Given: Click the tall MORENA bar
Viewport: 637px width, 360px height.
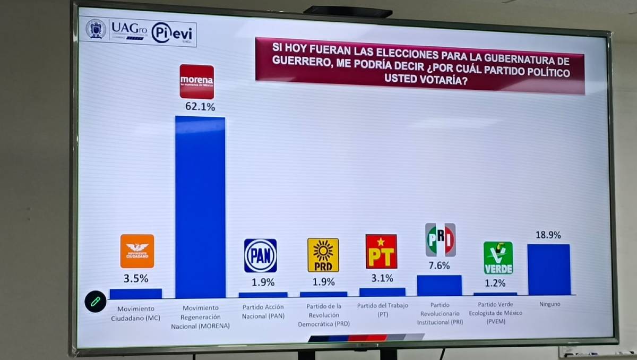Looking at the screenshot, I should [200, 207].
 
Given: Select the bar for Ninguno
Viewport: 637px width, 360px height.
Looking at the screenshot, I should [549, 269].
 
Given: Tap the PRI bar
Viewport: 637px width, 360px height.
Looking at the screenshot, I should [439, 285].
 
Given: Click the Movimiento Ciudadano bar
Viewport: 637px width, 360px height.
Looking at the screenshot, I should [135, 294].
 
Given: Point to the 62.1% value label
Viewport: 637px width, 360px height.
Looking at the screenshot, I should [200, 107].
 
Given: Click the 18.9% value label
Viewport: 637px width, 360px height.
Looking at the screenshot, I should [548, 235].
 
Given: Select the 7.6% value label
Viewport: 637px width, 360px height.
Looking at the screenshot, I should [439, 265].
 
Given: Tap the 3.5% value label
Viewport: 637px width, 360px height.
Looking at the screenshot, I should [136, 278].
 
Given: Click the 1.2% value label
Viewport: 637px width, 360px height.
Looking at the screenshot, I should [495, 283].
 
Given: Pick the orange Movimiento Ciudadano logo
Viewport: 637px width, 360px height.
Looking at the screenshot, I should [137, 251].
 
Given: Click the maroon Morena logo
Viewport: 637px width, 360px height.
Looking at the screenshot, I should [196, 81].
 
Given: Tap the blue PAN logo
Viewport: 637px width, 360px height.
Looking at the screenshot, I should [260, 255].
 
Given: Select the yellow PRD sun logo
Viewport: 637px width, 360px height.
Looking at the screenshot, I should [323, 255].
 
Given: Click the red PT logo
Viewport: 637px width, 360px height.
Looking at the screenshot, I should [381, 251].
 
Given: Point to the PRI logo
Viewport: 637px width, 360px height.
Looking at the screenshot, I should [440, 240].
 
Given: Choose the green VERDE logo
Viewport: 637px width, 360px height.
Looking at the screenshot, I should [498, 258].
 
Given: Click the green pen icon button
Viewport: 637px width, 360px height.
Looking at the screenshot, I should [96, 301].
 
